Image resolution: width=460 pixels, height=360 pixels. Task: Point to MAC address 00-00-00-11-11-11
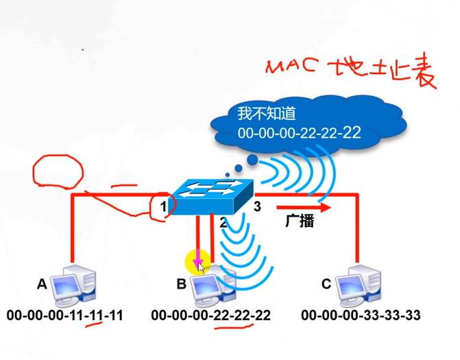click(x=65, y=315)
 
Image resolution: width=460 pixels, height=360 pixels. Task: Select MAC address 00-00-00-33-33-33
click(x=361, y=315)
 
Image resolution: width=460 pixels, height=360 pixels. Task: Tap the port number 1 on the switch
click(x=164, y=206)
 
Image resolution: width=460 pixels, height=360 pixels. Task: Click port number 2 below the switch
click(x=223, y=222)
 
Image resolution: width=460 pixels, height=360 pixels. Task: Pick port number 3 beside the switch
click(x=257, y=206)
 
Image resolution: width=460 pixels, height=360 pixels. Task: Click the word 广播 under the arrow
click(x=299, y=221)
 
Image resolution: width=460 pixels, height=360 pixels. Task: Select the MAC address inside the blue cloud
click(x=299, y=133)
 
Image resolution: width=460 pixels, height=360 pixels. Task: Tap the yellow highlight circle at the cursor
click(x=197, y=261)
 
